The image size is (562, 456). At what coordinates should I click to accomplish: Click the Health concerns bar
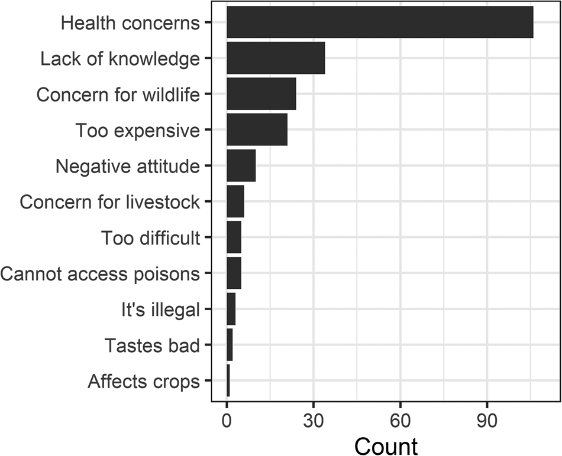[x=380, y=22]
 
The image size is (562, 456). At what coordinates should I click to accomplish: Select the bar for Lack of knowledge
[x=276, y=58]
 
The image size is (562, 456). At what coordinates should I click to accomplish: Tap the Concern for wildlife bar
[x=261, y=94]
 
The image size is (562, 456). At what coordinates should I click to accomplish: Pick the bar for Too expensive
[x=257, y=129]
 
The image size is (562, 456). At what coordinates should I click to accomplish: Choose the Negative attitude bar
[x=241, y=165]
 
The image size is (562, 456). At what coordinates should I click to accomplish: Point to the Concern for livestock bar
[x=235, y=201]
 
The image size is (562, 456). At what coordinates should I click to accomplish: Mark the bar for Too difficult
[x=234, y=237]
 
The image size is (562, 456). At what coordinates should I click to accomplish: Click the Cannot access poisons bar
[x=234, y=273]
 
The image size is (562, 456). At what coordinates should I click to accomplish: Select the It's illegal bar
[x=231, y=308]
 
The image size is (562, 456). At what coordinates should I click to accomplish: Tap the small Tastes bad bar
[x=230, y=344]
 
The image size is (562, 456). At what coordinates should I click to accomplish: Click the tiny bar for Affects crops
[x=228, y=380]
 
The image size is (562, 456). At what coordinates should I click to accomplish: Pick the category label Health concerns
[x=131, y=23]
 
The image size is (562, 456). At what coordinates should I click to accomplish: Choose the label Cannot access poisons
[x=100, y=274]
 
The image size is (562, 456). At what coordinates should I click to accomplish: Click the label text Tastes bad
[x=152, y=346]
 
